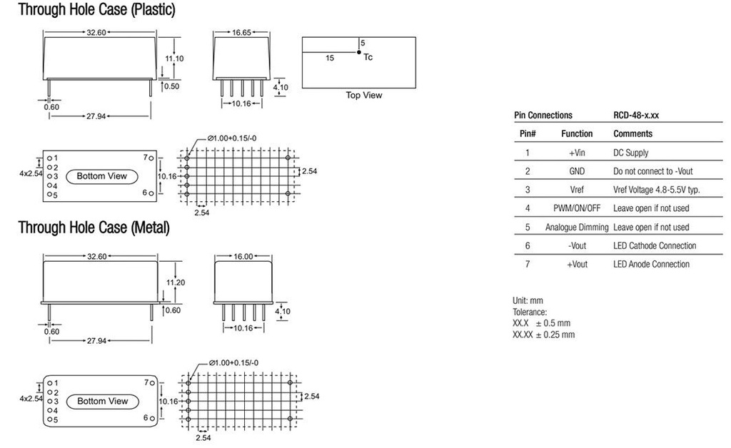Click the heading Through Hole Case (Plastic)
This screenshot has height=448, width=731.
point(96,10)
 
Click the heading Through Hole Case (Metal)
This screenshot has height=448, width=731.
point(94,228)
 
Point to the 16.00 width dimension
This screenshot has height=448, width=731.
point(243,257)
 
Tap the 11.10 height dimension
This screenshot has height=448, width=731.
point(175,58)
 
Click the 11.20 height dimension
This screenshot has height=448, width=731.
point(176,282)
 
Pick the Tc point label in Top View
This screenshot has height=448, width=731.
point(368,58)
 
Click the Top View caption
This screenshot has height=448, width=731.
point(363,96)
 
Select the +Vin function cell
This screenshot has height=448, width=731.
point(577,153)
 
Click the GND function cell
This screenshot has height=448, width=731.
point(577,171)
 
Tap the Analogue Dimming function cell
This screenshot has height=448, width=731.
point(577,227)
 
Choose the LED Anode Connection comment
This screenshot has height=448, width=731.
point(651,264)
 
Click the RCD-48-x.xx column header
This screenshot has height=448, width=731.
point(640,115)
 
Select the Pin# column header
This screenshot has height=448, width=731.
point(528,133)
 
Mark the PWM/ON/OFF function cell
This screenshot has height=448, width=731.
point(577,208)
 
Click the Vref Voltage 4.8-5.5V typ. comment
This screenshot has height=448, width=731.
point(656,190)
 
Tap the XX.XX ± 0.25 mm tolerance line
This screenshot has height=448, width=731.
point(543,335)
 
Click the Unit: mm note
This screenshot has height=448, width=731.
point(528,301)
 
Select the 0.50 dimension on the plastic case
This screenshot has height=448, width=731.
point(171,86)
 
